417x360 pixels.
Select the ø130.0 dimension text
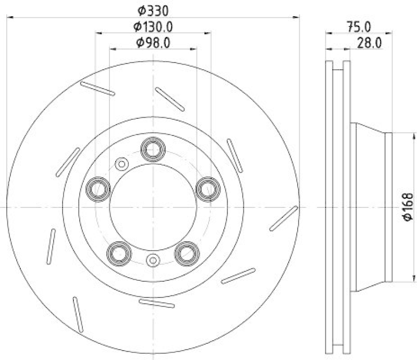(x=153, y=26)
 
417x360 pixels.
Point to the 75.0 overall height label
(x=359, y=27)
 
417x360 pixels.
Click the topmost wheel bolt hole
(x=153, y=149)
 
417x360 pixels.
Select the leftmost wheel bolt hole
(x=97, y=189)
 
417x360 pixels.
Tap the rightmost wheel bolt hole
(x=208, y=189)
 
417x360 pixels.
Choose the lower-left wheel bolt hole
(x=118, y=253)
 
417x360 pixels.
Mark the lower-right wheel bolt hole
(x=187, y=253)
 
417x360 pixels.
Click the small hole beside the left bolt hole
(x=121, y=164)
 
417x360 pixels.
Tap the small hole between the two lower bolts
(x=153, y=260)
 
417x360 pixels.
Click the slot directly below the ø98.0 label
(x=170, y=100)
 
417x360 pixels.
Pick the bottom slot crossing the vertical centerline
(x=157, y=304)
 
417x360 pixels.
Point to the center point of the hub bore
(x=153, y=207)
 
